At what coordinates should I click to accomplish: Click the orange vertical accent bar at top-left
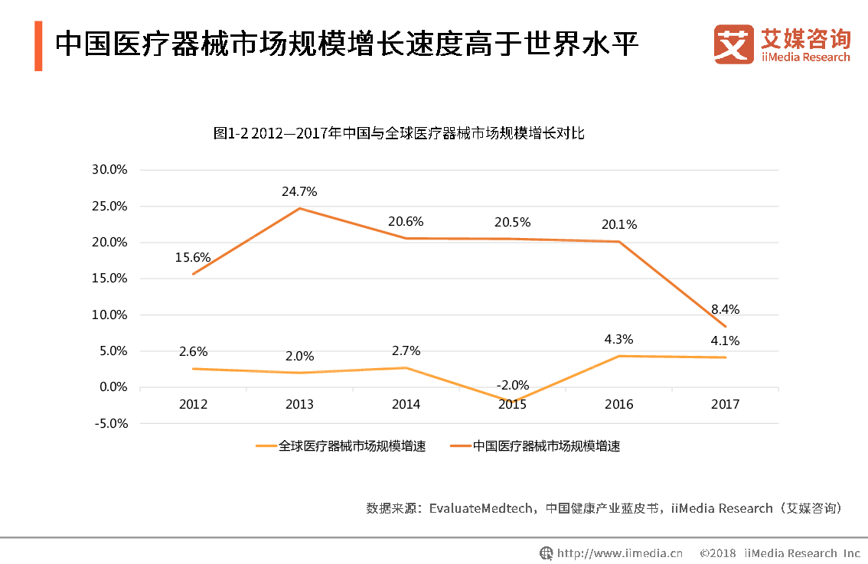pos(38,46)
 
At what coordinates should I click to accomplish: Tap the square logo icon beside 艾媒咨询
pos(733,44)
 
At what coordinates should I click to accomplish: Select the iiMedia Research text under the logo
pos(805,57)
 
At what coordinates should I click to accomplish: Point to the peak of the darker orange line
pos(299,208)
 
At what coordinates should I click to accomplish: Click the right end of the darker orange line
pos(726,327)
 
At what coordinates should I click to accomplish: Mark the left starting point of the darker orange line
pos(193,274)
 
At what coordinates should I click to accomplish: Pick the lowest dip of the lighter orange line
pos(511,401)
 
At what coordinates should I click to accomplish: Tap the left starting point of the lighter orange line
pos(193,369)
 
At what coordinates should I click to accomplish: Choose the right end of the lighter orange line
pos(726,357)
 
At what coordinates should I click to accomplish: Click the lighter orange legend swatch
pos(266,445)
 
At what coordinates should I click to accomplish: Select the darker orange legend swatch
pos(461,445)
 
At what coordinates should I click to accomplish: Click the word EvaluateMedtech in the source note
pos(481,508)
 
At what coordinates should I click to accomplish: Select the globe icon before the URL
pos(547,553)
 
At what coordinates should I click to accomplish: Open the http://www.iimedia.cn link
pos(620,553)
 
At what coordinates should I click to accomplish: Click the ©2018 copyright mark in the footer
pos(718,553)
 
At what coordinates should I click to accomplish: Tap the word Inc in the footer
pos(851,553)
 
